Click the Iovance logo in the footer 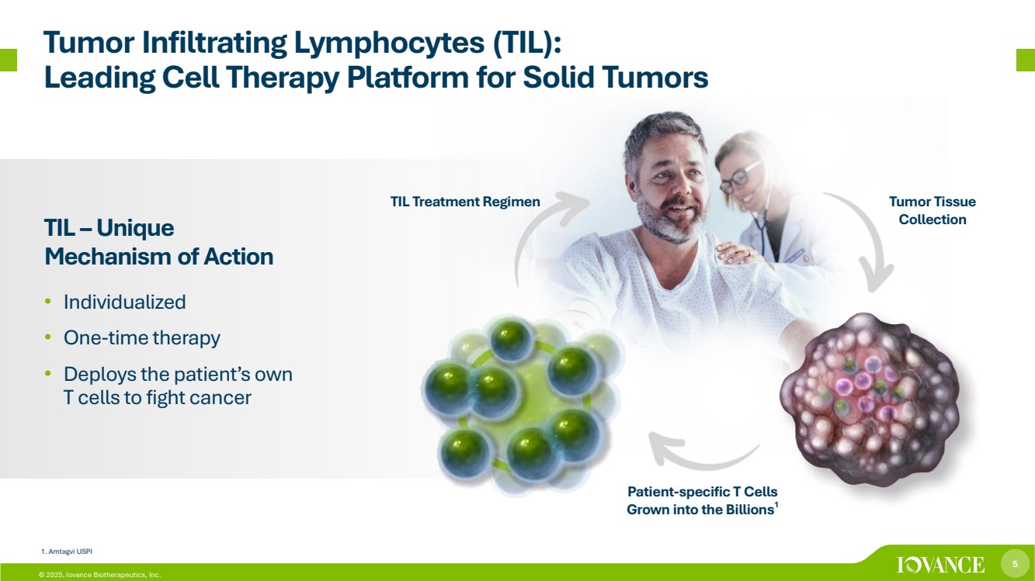coord(940,565)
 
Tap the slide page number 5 coord(1015,564)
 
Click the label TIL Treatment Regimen coord(465,202)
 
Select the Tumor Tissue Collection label coord(933,210)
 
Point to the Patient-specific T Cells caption coord(703,500)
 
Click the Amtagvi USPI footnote coord(67,552)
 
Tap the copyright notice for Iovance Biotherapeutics coord(100,575)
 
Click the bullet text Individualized coord(125,303)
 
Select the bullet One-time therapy coord(142,337)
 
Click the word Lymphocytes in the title coord(389,43)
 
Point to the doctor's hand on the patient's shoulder coord(740,254)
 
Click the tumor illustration coord(870,399)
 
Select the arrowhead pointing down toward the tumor coord(876,277)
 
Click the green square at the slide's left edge coord(9,60)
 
